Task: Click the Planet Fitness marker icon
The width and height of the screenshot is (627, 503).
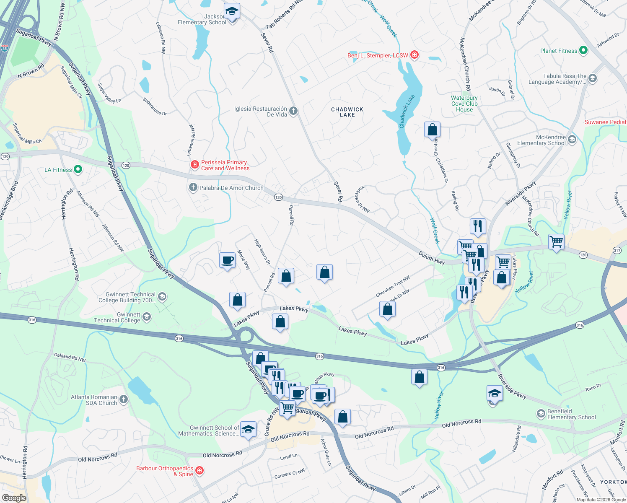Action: [x=583, y=51]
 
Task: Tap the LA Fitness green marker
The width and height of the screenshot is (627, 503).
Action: [x=78, y=170]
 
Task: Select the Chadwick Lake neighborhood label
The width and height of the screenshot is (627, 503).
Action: [x=347, y=112]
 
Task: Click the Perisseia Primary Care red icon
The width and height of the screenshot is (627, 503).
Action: [x=195, y=165]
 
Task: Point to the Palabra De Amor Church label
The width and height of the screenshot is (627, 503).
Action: [x=231, y=188]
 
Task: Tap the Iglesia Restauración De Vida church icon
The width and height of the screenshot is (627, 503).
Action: [x=293, y=111]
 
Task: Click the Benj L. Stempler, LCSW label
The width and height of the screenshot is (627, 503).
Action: [x=377, y=55]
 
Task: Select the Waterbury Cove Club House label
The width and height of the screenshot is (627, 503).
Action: [x=464, y=104]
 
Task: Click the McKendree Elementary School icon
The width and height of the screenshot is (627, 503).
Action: [x=572, y=140]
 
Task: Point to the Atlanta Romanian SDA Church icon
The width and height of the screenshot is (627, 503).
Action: [x=123, y=399]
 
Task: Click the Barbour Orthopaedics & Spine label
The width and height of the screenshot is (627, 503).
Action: [x=165, y=471]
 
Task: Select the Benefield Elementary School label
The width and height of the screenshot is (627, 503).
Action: [x=571, y=414]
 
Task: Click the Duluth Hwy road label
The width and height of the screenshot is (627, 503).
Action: [x=431, y=258]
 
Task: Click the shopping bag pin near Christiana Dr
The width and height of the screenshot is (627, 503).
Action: [x=432, y=130]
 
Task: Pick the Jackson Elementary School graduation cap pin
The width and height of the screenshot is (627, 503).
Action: [x=231, y=12]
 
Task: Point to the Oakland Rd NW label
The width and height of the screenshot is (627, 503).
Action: [x=70, y=357]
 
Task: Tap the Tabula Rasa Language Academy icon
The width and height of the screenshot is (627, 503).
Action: [x=592, y=78]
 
